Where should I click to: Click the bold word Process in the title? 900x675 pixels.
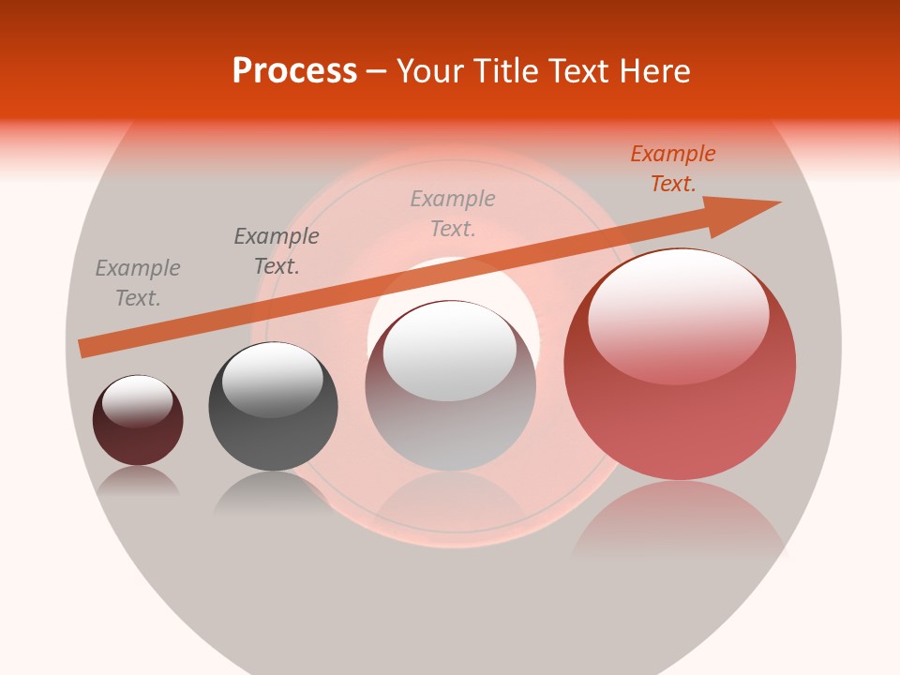(294, 70)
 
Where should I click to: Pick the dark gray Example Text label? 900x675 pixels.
(277, 251)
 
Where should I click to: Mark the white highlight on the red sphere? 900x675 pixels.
(678, 314)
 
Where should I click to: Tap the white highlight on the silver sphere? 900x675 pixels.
(449, 352)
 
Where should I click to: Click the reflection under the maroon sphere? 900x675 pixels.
(138, 482)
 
